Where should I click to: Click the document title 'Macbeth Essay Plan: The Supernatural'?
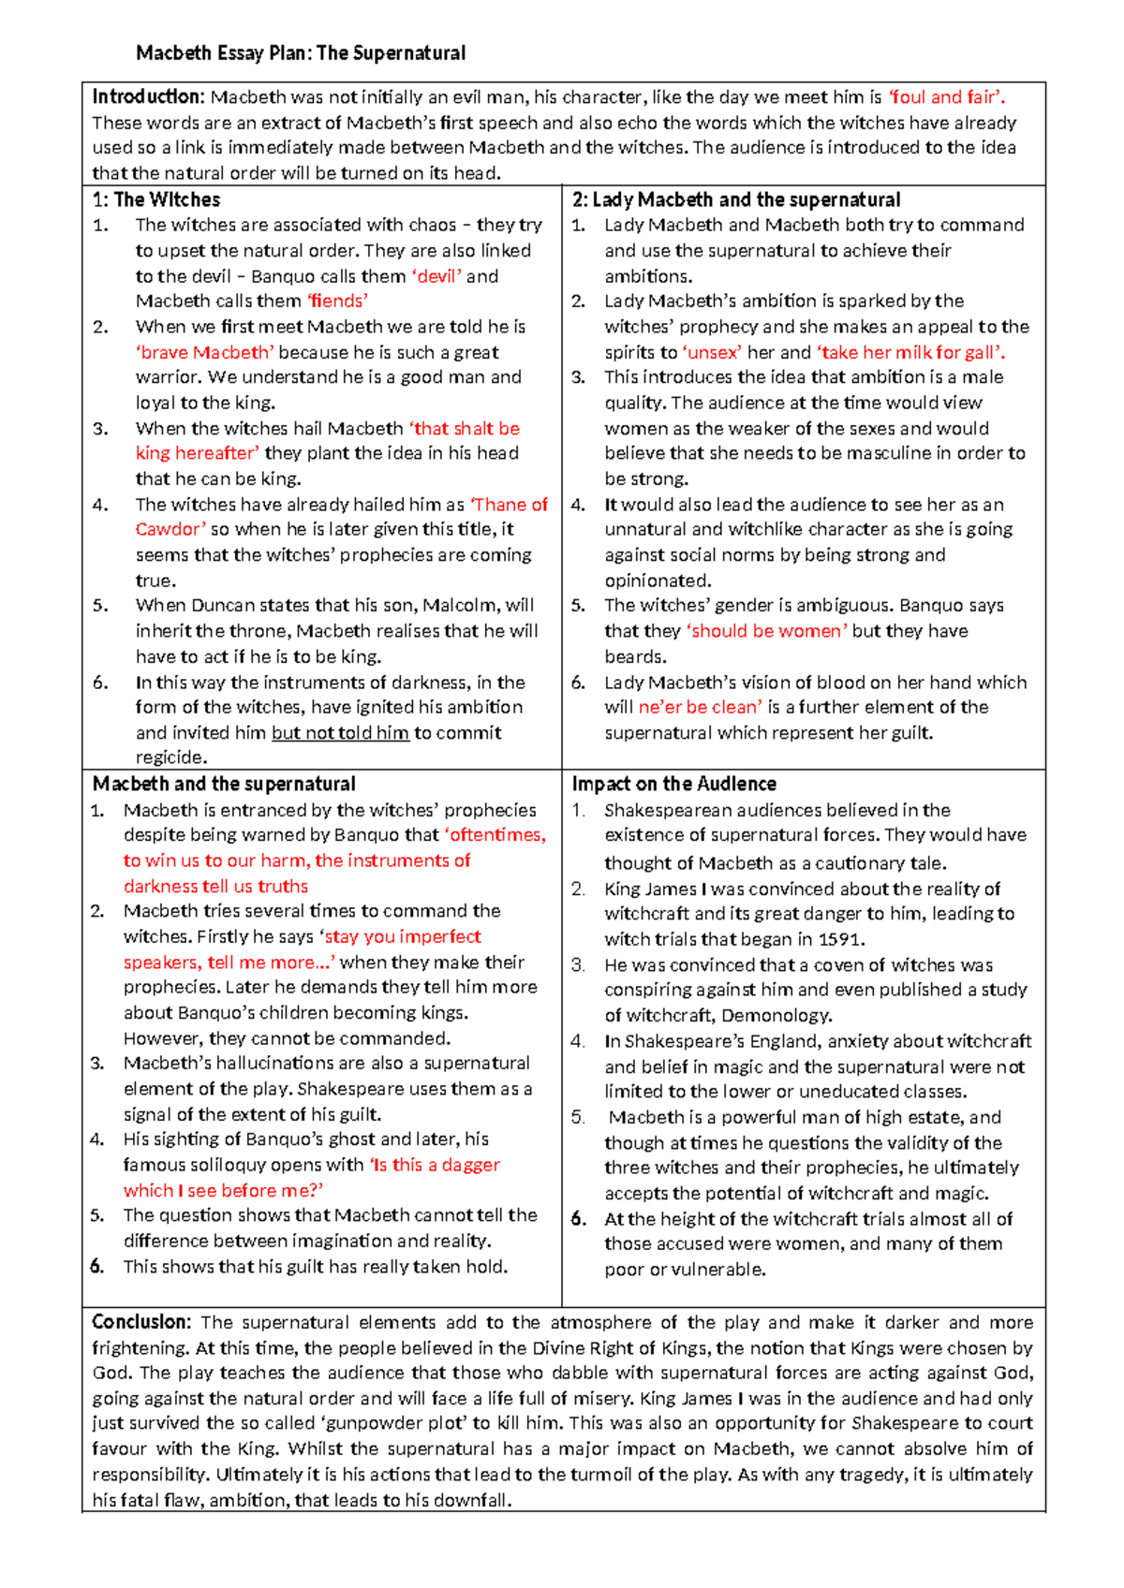coord(301,53)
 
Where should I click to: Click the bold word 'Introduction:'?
coord(148,96)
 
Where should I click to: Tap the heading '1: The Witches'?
coord(156,199)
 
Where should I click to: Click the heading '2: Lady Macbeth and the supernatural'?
coord(736,199)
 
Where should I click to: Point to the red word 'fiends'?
coord(337,301)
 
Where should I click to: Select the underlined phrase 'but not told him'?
coord(340,733)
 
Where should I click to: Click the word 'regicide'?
coord(170,757)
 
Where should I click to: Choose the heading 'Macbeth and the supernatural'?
coord(224,784)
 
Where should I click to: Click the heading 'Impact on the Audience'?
coord(673,784)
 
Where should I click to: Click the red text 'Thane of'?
coord(510,505)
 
